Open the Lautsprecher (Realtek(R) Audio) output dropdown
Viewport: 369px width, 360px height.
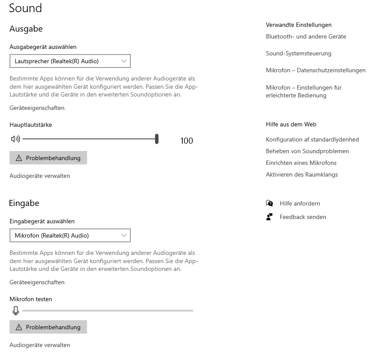point(70,61)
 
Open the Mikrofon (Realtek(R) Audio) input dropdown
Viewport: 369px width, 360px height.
point(70,235)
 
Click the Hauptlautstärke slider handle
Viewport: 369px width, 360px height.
point(157,139)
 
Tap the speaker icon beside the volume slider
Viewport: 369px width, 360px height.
point(16,139)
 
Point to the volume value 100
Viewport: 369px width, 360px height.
point(187,141)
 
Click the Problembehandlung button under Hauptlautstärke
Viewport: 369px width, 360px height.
point(48,158)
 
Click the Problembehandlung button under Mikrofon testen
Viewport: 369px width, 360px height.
point(48,327)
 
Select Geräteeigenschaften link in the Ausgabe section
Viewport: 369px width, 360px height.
point(37,108)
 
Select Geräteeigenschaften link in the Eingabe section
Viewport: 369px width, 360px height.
point(37,282)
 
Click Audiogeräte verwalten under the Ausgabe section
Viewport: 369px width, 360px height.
point(39,176)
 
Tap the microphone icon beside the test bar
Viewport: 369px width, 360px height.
point(16,311)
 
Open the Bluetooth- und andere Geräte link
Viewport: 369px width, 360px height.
point(306,37)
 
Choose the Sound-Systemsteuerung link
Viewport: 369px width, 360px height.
point(298,54)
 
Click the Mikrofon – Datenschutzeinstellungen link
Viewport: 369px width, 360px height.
point(315,71)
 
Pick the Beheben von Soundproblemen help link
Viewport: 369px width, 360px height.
point(307,151)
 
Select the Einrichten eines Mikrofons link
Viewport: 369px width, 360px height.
point(301,163)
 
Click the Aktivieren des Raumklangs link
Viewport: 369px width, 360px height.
point(301,175)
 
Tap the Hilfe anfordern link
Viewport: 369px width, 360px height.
point(300,203)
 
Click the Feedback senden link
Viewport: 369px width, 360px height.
point(303,217)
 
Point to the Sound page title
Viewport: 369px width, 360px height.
point(26,8)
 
